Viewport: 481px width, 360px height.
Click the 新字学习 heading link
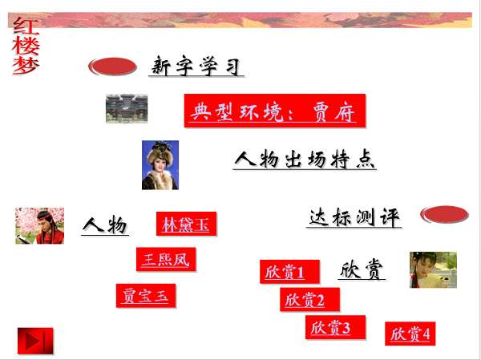pos(196,66)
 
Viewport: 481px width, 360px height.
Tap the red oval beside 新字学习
pos(112,67)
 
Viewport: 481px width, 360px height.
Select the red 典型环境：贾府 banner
pos(275,111)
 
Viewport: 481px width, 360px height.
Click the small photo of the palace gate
pos(127,108)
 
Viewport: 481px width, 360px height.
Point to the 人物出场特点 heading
pos(305,160)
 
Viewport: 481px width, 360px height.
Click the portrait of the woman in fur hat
pos(160,165)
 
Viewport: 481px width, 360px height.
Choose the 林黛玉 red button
pos(186,224)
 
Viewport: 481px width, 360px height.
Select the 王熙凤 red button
pos(166,259)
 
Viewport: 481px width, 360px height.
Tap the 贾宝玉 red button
pos(146,296)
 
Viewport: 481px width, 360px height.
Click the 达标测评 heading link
pos(354,217)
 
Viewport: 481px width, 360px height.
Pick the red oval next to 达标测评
pos(444,214)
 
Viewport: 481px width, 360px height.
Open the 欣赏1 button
pos(289,272)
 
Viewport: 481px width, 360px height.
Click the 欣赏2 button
pos(309,300)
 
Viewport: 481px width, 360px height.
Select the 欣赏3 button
pos(336,327)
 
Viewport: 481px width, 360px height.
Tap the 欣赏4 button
pos(410,334)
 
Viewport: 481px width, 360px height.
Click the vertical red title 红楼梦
pos(26,46)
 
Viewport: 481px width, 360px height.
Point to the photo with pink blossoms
pos(39,226)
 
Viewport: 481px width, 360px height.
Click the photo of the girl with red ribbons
pos(433,270)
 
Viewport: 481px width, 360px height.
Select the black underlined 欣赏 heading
pos(362,269)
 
